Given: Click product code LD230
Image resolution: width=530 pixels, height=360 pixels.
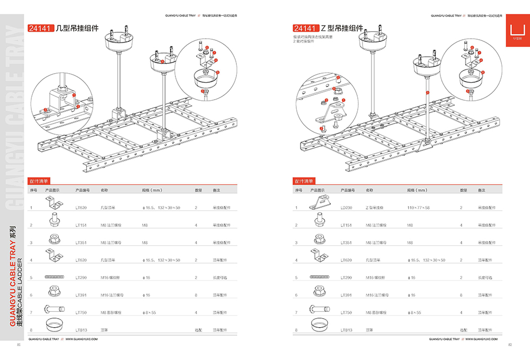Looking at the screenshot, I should (x=346, y=208).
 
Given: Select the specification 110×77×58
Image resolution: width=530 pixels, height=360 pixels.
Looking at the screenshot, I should (x=419, y=208).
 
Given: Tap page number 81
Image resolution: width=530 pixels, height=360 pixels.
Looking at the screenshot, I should (x=19, y=345).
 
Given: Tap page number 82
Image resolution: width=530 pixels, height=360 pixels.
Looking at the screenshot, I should (x=510, y=345).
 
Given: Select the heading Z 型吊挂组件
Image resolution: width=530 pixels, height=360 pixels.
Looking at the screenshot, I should (x=342, y=28).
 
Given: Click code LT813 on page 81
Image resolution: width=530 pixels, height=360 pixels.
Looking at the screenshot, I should (x=81, y=330).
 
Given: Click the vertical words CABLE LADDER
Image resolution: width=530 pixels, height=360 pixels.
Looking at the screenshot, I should (x=19, y=283).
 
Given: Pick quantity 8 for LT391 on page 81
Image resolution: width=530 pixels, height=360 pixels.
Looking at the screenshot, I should (x=196, y=295).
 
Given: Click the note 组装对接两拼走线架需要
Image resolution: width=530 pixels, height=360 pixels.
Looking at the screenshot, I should (x=313, y=37).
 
